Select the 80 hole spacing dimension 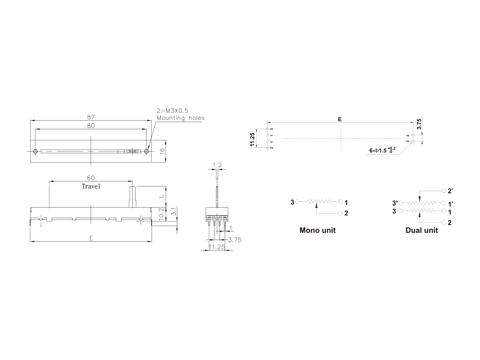coord(91,125)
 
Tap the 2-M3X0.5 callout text coord(172,111)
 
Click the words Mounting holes coord(180,118)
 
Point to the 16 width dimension coord(161,151)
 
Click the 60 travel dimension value coord(91,178)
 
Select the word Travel coord(91,186)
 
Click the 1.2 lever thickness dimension coord(217,165)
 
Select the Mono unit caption coord(317,230)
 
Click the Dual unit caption coord(421,230)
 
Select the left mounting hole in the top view coord(35,151)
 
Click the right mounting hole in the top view coord(147,151)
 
